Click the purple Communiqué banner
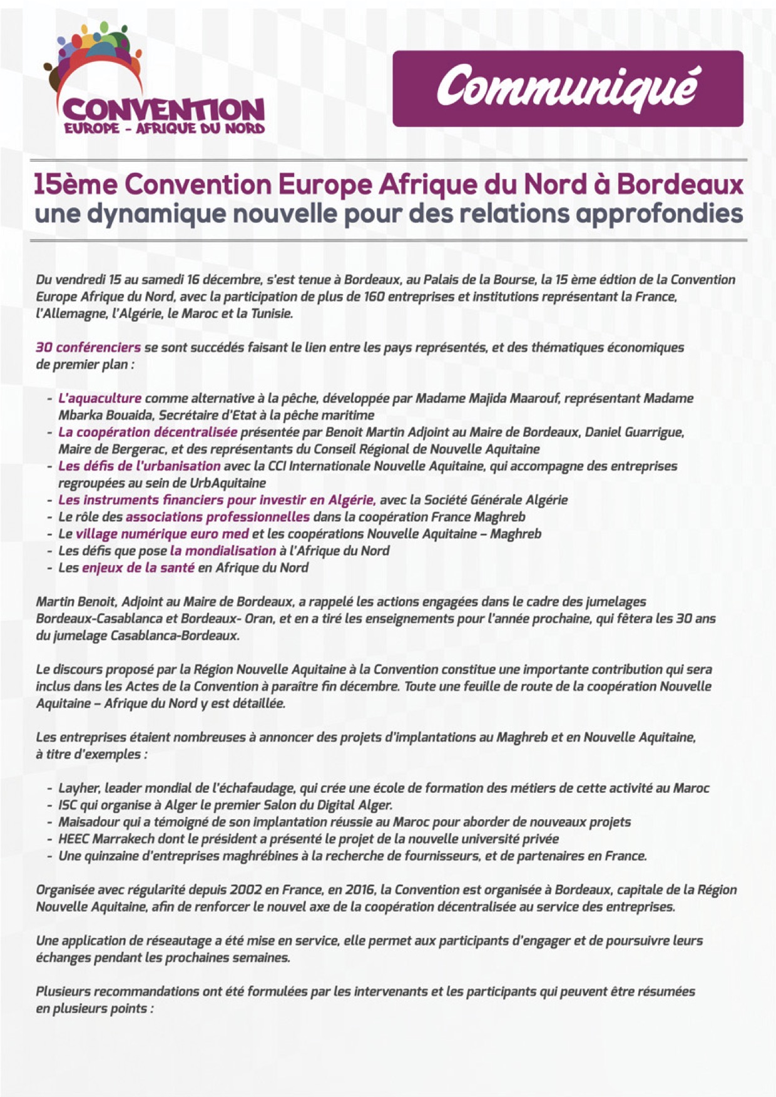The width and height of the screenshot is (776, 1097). [568, 88]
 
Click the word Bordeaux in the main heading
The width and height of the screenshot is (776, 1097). [680, 185]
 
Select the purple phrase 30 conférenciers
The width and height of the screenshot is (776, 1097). [88, 347]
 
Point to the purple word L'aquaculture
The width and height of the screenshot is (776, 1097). [100, 399]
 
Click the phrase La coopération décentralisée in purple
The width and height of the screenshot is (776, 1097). [148, 432]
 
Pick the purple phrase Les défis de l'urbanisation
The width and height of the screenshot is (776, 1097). [140, 466]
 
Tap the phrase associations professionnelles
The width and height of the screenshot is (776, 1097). [217, 517]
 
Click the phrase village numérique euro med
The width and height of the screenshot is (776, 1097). [162, 534]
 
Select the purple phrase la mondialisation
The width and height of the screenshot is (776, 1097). [223, 551]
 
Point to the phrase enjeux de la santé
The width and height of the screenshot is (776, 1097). [138, 568]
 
